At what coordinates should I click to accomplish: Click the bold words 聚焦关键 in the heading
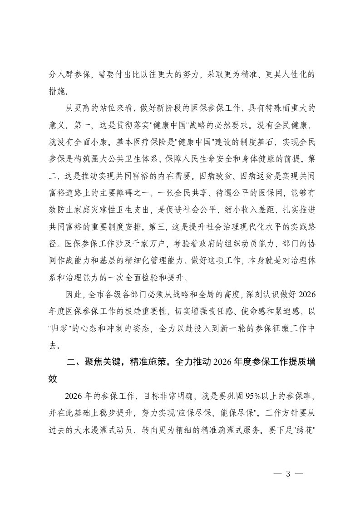click(100, 362)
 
